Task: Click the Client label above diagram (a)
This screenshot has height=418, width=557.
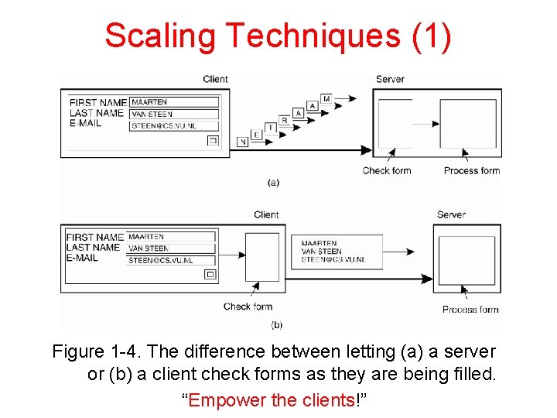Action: [x=215, y=79]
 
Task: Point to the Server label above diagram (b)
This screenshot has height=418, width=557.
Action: [x=450, y=214]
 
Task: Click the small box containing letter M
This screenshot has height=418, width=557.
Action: [x=326, y=98]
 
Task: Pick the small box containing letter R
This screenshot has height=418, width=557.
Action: [x=284, y=120]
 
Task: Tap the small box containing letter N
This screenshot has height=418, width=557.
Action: [x=242, y=142]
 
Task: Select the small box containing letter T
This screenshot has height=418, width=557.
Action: [x=270, y=127]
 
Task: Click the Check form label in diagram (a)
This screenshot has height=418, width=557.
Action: [x=386, y=170]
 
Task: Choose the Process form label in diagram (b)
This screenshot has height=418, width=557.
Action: [x=470, y=310]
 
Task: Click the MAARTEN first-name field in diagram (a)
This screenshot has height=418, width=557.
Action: [x=174, y=102]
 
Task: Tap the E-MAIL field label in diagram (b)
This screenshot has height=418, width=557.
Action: [x=82, y=258]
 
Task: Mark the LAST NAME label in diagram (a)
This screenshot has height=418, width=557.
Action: [x=96, y=113]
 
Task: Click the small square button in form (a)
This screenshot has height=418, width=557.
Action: [x=212, y=141]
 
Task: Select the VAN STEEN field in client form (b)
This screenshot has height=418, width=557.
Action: [x=170, y=248]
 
